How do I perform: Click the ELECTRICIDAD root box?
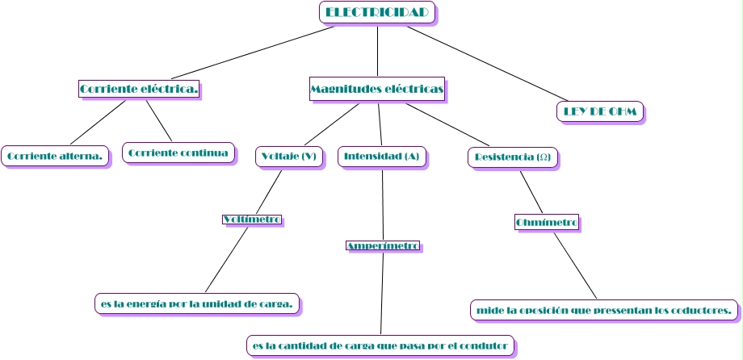(x=377, y=13)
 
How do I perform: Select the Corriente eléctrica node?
(x=139, y=88)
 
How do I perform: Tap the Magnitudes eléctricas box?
(x=377, y=89)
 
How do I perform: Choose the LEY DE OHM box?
(x=600, y=111)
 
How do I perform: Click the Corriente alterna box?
(x=55, y=156)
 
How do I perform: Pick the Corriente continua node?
(x=178, y=153)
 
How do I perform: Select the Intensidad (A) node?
(x=382, y=156)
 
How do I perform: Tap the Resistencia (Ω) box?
(x=513, y=157)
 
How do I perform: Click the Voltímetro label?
(x=252, y=220)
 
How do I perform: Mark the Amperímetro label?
(x=383, y=245)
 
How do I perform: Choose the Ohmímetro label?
(x=546, y=222)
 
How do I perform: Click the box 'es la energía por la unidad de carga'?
(x=197, y=303)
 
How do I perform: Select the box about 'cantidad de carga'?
(x=380, y=345)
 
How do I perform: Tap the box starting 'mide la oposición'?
(x=604, y=309)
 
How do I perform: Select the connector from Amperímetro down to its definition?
(x=381, y=294)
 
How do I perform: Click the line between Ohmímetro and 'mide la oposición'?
(x=575, y=265)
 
